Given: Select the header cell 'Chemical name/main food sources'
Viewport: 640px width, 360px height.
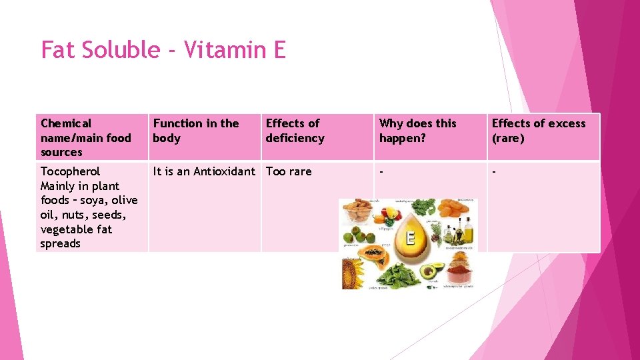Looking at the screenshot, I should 86,137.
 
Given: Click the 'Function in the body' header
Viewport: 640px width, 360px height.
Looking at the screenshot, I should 196,131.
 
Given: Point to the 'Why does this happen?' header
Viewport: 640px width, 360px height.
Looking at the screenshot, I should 418,131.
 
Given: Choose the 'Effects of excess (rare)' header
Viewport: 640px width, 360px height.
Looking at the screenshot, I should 539,131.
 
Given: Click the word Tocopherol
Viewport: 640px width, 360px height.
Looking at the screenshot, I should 71,171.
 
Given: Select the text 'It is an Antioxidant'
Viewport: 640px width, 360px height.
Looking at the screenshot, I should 204,171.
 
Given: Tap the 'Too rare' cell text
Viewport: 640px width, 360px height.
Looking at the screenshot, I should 289,171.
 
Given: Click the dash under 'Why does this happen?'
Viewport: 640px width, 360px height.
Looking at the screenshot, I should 382,171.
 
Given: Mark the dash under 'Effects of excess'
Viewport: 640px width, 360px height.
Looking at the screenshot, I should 495,171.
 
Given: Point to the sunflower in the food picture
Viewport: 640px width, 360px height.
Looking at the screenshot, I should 353,273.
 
